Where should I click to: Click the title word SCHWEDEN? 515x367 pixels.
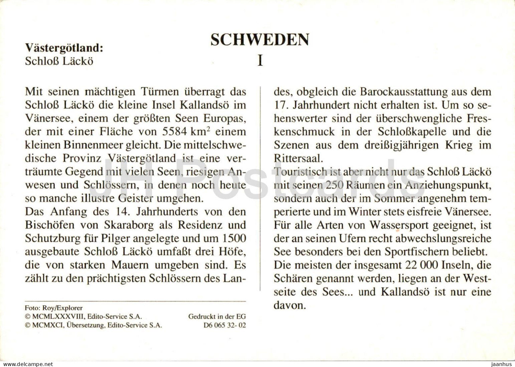coord(260,40)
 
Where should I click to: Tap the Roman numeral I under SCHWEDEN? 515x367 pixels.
coord(260,60)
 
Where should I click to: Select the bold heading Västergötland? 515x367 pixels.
coord(64,48)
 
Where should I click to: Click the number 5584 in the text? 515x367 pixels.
coord(175,132)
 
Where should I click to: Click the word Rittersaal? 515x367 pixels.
coord(298,158)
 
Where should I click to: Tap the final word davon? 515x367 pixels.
coord(289,305)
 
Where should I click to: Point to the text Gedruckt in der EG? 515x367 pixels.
coord(217,317)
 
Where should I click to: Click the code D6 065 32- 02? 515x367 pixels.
coord(225,325)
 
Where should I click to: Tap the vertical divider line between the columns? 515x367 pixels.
coord(260,188)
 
